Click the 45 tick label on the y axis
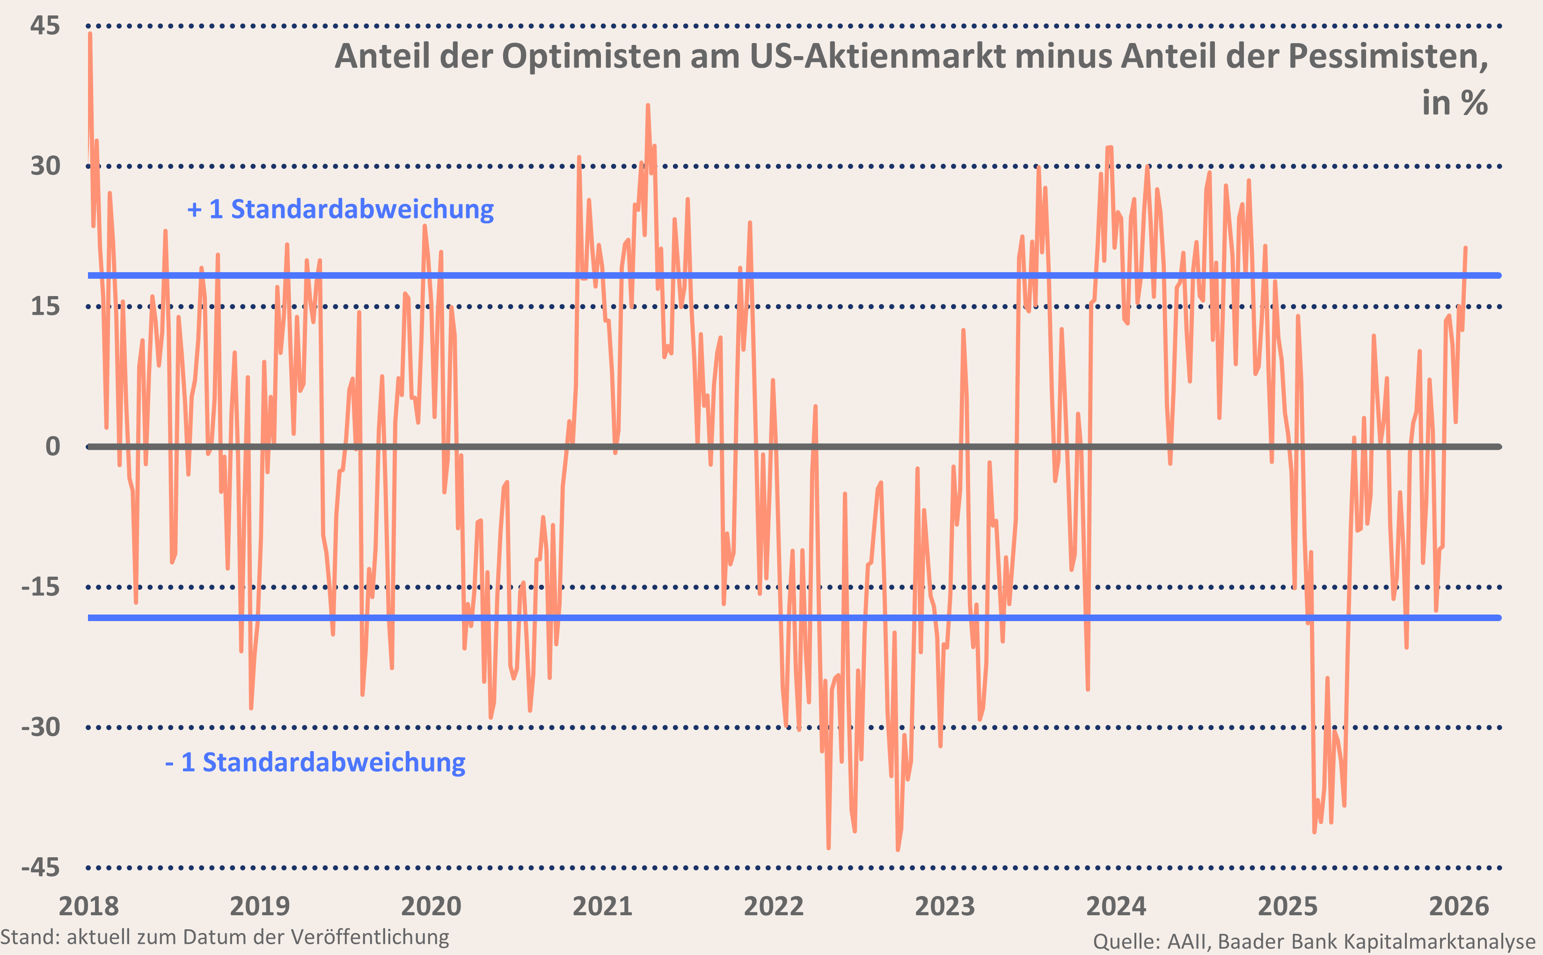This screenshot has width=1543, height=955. tap(45, 26)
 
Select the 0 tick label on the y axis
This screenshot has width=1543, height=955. tap(53, 447)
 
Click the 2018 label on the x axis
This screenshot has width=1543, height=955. tap(88, 906)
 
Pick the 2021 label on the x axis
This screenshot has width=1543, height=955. tap(602, 906)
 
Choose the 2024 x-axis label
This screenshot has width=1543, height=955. tap(1116, 906)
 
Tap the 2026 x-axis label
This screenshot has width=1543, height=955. tap(1459, 906)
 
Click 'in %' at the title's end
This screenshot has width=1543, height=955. tap(1455, 102)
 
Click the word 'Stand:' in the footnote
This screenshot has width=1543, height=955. tap(29, 937)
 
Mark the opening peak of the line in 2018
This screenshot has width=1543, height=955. tap(90, 34)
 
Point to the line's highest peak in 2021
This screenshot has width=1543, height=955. tap(648, 106)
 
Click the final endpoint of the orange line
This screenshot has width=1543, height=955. tap(1465, 247)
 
